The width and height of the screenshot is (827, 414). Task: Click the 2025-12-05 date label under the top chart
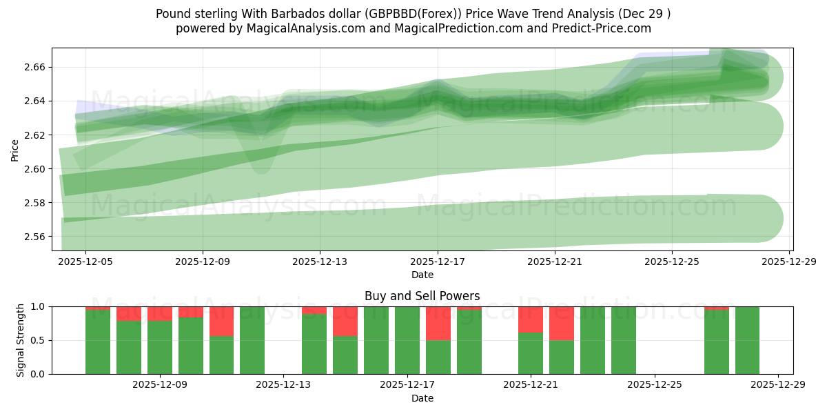pyautogui.click(x=85, y=262)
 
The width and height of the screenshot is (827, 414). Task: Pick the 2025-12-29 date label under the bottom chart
pyautogui.click(x=778, y=386)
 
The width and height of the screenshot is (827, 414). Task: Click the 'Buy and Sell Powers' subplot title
pyautogui.click(x=422, y=296)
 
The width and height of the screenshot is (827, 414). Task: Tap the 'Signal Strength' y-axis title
pyautogui.click(x=21, y=340)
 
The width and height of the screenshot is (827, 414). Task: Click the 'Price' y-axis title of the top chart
pyautogui.click(x=15, y=149)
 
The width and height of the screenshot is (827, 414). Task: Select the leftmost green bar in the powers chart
pyautogui.click(x=98, y=342)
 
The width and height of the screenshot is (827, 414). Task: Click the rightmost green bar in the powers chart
pyautogui.click(x=747, y=340)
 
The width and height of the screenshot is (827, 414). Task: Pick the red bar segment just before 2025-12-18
pyautogui.click(x=438, y=323)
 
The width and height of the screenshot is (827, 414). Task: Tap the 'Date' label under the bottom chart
pyautogui.click(x=422, y=398)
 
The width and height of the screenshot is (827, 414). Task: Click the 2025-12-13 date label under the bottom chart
pyautogui.click(x=284, y=386)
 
